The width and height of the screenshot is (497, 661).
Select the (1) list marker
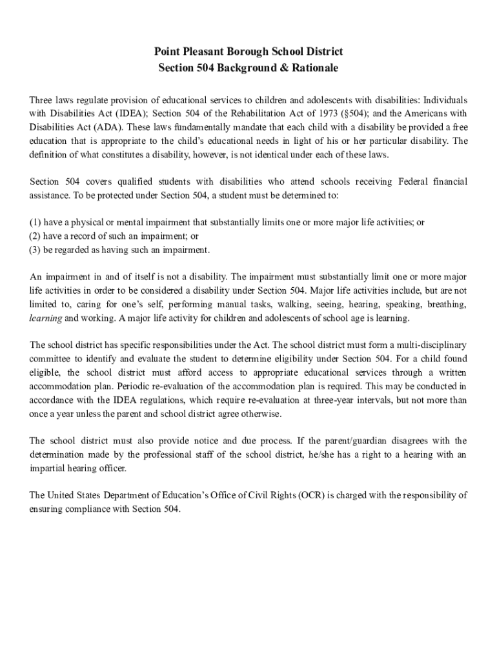pos(35,223)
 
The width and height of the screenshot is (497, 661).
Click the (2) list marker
pos(35,236)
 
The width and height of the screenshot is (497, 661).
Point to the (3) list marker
pos(35,250)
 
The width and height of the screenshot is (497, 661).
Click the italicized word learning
pos(46,318)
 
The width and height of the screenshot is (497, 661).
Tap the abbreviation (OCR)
pos(310,496)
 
